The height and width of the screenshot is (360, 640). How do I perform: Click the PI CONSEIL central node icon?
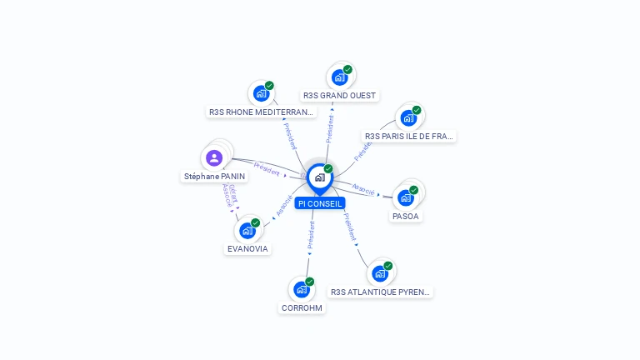[x=319, y=177]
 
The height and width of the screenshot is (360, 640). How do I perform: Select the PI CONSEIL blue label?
[x=319, y=203]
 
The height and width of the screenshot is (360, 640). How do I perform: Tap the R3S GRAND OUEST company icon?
[x=338, y=78]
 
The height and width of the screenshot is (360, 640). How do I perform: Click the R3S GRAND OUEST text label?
[x=339, y=96]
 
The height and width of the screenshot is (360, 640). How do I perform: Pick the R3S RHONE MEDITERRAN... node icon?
[x=261, y=93]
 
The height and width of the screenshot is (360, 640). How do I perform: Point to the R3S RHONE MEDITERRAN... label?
[x=262, y=112]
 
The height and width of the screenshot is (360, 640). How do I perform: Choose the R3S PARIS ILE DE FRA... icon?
[x=408, y=117]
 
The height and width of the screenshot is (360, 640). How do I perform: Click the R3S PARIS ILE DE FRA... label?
[x=409, y=136]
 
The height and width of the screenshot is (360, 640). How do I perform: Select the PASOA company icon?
[x=406, y=197]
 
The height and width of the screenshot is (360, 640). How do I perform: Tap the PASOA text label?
[x=406, y=216]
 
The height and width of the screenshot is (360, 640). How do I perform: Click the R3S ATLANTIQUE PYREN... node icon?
[x=380, y=273]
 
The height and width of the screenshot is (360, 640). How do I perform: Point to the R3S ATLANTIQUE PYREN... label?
[x=380, y=292]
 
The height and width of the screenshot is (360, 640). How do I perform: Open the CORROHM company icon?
[x=302, y=289]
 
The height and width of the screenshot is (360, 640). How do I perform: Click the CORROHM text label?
[x=302, y=307]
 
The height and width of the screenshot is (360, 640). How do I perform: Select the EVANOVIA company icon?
[x=247, y=231]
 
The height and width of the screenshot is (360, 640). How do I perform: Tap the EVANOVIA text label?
[x=247, y=248]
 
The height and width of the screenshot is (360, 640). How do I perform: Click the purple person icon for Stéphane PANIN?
[x=214, y=157]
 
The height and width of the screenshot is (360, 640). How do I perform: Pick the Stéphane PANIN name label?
[x=215, y=177]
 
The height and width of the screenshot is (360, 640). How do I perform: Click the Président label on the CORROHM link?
[x=311, y=236]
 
